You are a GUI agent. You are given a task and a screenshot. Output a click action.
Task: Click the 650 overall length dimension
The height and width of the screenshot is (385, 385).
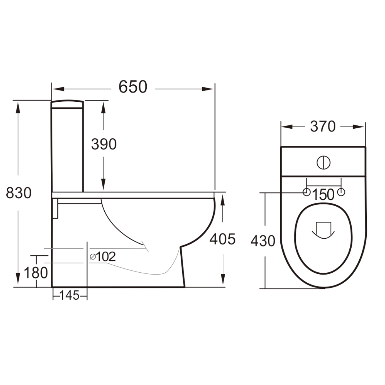click(133, 87)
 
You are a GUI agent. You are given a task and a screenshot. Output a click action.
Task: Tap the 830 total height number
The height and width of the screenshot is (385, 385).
click(19, 193)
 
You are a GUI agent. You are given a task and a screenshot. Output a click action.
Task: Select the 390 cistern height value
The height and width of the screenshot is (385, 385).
click(104, 144)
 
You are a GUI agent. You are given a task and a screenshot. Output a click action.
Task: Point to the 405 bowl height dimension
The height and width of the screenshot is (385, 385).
click(222, 239)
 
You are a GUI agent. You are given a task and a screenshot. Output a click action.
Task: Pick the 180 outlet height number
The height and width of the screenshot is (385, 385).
click(36, 273)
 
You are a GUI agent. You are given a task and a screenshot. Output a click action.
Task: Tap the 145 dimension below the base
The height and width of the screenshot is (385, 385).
click(69, 295)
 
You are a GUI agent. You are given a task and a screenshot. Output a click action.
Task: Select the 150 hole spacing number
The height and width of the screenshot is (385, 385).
click(323, 195)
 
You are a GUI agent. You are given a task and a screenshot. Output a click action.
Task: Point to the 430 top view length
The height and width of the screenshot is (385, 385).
click(263, 241)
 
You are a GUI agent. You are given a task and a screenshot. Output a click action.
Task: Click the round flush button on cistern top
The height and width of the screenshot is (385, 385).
click(323, 163)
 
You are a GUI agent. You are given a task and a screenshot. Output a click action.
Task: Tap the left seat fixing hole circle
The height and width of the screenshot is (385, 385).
click(306, 192)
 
